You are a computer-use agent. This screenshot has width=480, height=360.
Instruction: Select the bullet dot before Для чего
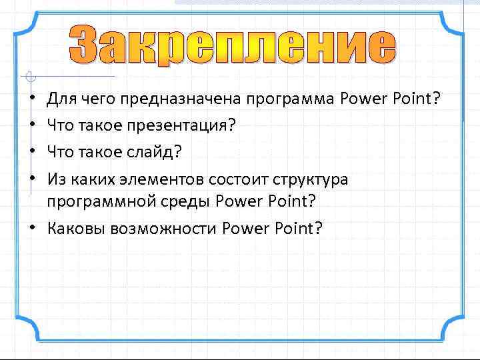coord(32,100)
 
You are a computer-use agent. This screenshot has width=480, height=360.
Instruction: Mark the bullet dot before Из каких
coord(32,179)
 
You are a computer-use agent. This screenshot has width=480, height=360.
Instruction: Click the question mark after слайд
coord(177,152)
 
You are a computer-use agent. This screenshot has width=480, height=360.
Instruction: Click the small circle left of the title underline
coord(27,76)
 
